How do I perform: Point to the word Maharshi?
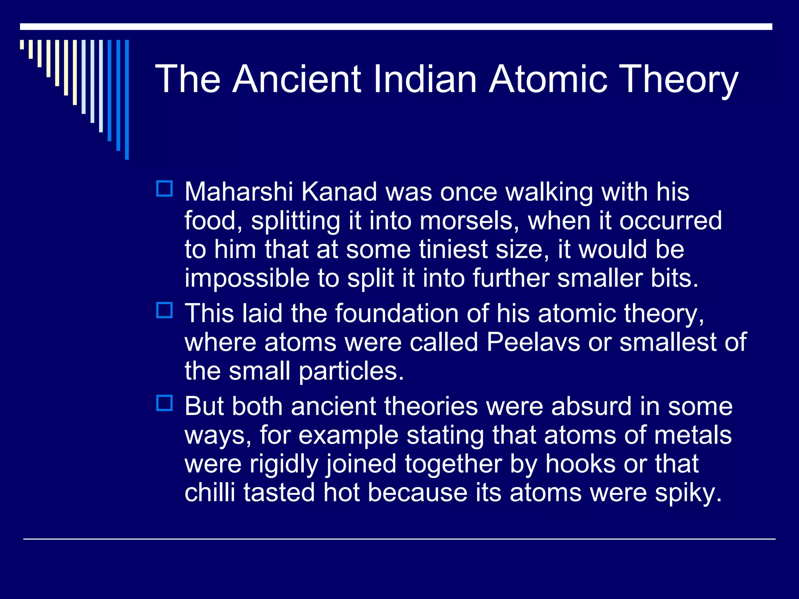(238, 192)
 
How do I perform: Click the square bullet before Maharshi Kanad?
(164, 189)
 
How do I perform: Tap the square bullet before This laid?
(164, 310)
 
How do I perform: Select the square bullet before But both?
(164, 403)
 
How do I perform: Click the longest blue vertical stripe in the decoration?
(127, 100)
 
